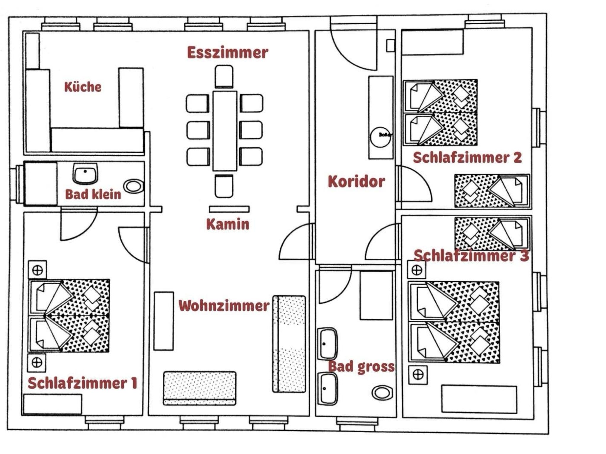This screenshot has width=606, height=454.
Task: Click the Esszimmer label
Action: tap(228, 53)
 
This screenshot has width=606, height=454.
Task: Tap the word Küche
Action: tap(83, 87)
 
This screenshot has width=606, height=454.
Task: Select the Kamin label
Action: tap(228, 224)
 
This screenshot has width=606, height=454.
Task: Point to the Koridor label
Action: tap(357, 181)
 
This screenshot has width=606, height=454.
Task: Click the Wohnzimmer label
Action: tap(224, 306)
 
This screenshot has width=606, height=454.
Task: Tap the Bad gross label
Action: tap(361, 367)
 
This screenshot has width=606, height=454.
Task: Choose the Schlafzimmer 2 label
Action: tap(467, 158)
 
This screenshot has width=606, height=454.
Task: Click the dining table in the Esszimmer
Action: tap(225, 131)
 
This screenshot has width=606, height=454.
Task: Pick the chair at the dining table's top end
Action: tap(224, 77)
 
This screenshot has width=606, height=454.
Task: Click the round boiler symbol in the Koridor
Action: tap(381, 137)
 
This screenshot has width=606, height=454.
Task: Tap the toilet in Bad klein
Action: tap(133, 187)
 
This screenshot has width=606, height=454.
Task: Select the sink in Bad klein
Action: tap(85, 174)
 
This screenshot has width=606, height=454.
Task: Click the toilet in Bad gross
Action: tap(382, 393)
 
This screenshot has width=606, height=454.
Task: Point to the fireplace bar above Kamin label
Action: tap(229, 209)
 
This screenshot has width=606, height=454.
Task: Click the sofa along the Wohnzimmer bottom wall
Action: tap(200, 388)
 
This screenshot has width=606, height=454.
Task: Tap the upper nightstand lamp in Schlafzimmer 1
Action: tap(38, 270)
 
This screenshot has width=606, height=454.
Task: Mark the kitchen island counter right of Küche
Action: tap(131, 98)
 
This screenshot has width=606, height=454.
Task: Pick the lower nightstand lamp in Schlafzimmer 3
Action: tap(418, 375)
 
